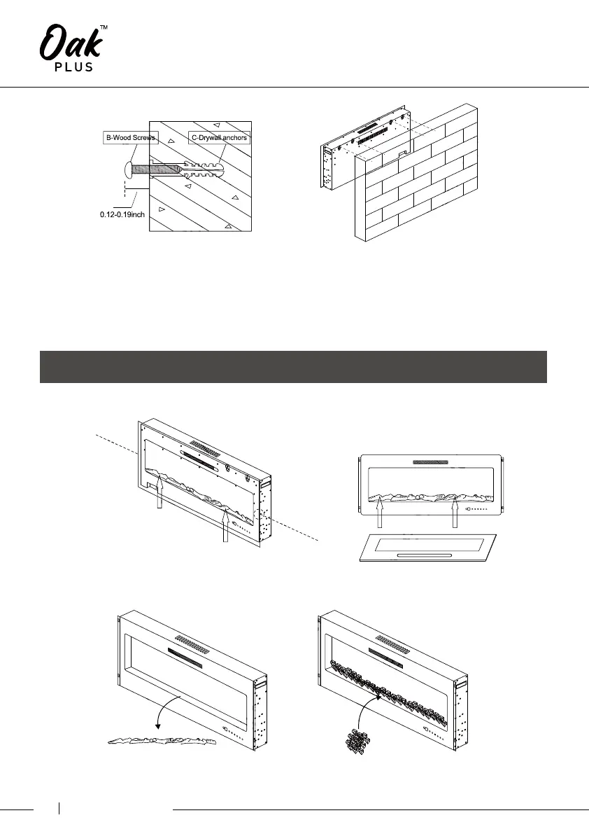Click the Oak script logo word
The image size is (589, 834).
tap(70, 43)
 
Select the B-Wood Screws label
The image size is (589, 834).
tap(130, 138)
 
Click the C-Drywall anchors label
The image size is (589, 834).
tap(220, 138)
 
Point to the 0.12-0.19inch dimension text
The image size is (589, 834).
tap(122, 214)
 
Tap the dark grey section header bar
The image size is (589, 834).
tap(293, 367)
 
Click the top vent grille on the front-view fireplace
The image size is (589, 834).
tap(430, 462)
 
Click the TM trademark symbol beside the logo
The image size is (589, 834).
tap(104, 27)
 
